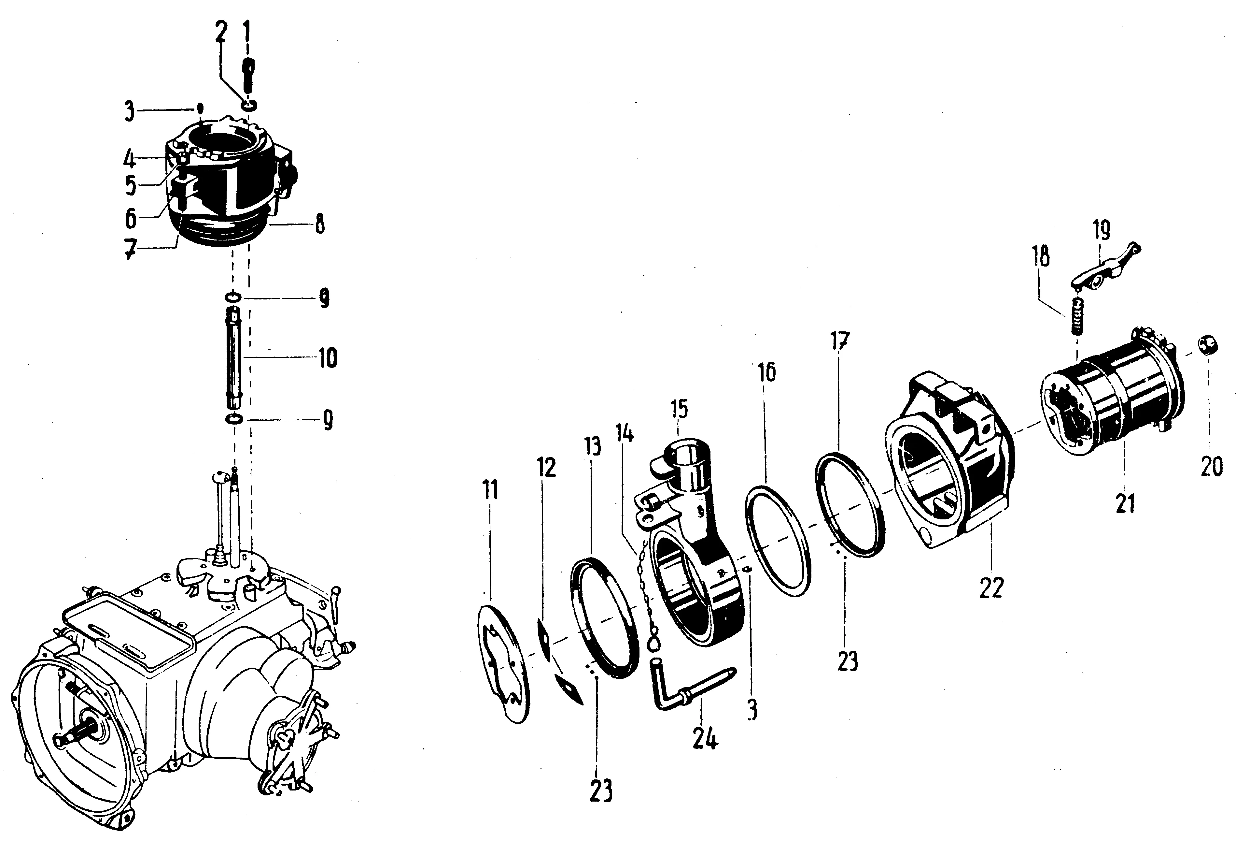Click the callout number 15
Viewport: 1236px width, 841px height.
click(x=679, y=409)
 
